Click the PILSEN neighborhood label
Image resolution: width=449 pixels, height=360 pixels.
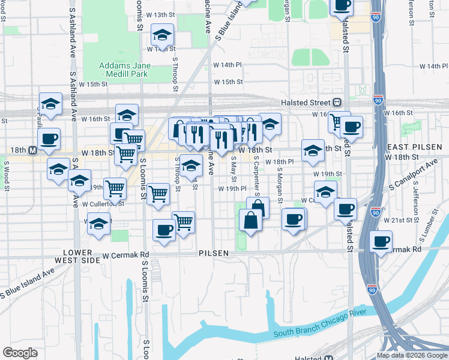point(214,253)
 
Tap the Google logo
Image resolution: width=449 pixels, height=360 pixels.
point(20,353)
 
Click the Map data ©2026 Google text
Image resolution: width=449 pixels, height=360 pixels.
point(412,355)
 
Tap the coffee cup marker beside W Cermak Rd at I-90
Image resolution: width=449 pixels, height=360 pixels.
point(381,241)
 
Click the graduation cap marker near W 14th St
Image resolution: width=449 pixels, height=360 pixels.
point(162,35)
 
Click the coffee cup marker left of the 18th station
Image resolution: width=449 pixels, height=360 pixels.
point(49,139)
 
